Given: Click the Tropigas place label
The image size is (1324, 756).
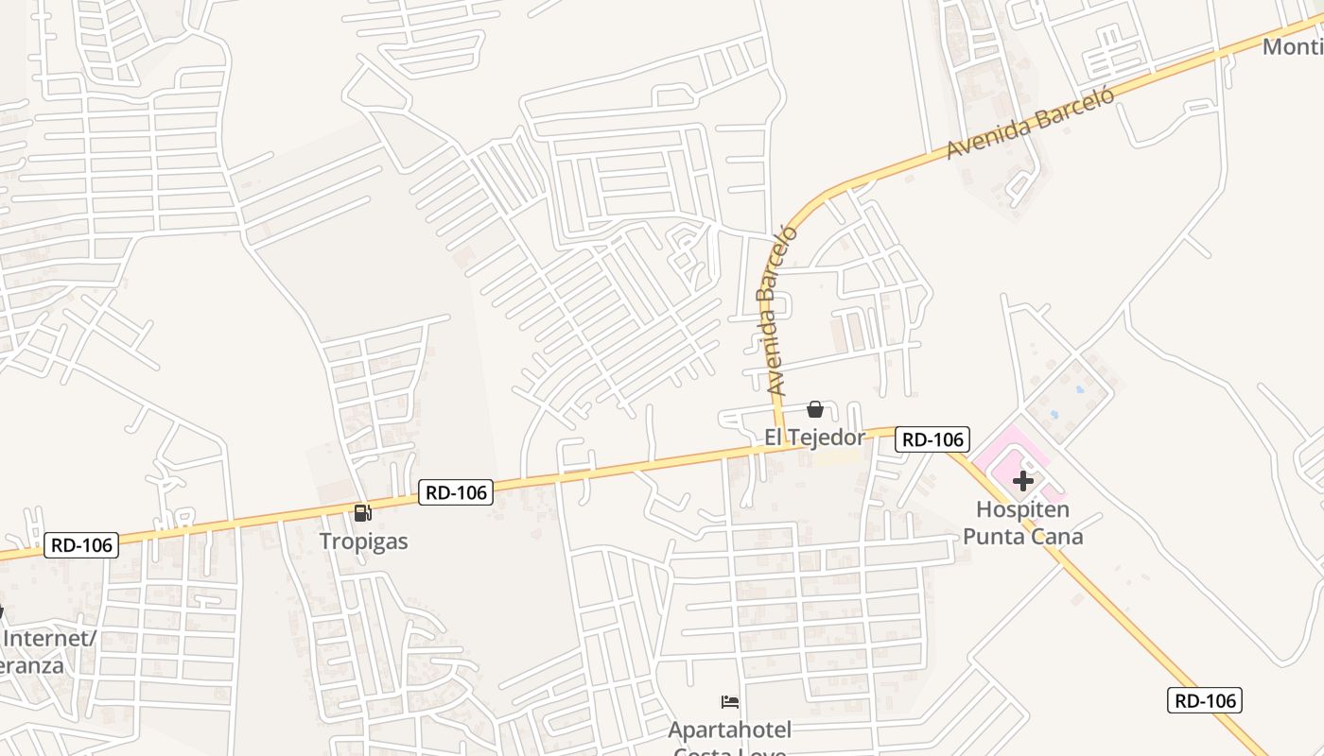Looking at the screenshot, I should tap(363, 541).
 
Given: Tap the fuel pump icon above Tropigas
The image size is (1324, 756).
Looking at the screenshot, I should tap(362, 513).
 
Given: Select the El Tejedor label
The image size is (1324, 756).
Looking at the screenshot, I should tap(814, 438).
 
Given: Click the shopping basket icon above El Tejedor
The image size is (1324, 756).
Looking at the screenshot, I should tap(815, 409).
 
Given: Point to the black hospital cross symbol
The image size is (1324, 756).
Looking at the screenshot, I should tap(1022, 481).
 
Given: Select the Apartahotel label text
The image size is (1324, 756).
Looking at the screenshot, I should tap(729, 730).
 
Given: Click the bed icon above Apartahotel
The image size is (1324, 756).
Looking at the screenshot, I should tap(729, 702).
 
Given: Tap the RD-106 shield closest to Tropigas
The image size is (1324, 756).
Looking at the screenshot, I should tap(456, 492).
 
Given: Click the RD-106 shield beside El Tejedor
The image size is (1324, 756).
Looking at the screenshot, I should tap(932, 439).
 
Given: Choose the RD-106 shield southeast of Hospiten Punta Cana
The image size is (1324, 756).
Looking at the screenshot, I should tap(1205, 700).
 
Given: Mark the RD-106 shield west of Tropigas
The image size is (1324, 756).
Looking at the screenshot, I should tap(81, 545).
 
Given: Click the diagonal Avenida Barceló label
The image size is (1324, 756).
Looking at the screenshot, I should tap(1032, 122).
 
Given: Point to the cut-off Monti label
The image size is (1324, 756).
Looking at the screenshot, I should tap(1293, 46).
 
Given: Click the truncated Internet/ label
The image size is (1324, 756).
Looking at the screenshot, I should tap(49, 638).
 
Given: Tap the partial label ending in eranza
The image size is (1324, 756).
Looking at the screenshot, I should tap(32, 664).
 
